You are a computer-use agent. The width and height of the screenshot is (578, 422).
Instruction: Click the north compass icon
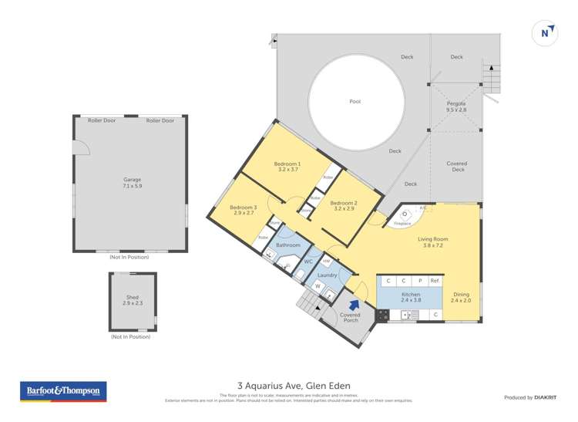click(546, 32)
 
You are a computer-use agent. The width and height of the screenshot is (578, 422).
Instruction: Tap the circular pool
click(355, 102)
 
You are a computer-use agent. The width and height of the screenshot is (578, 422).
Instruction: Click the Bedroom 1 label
click(287, 167)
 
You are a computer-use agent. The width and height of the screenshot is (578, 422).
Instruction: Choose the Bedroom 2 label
click(343, 206)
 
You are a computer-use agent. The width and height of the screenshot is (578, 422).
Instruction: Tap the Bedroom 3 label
click(244, 210)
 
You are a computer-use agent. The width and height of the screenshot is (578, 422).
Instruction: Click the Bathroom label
click(287, 245)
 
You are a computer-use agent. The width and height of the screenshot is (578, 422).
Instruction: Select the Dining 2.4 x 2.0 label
click(461, 297)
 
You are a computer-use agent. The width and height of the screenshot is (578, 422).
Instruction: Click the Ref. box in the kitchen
click(435, 281)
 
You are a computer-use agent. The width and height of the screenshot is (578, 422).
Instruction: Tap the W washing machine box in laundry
click(318, 285)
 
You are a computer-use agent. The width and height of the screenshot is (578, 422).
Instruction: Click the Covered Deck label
click(456, 167)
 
